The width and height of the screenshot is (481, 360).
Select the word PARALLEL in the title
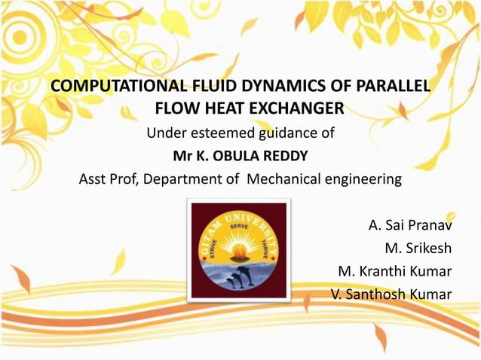coord(389,85)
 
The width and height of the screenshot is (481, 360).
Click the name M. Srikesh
coord(418,249)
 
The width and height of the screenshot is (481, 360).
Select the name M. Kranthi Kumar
coord(394,271)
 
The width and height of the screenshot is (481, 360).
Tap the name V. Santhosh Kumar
coord(391,294)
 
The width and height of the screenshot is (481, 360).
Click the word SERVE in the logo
coord(239,226)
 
